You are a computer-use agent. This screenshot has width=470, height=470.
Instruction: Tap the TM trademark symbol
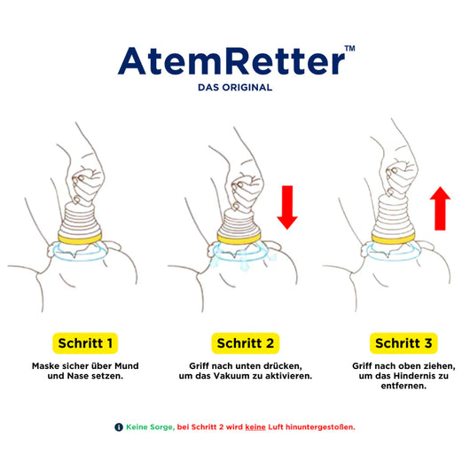pyautogui.click(x=349, y=50)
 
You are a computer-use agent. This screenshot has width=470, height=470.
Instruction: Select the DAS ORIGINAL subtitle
pyautogui.click(x=235, y=88)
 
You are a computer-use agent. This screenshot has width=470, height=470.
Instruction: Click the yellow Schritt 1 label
pyautogui.click(x=85, y=342)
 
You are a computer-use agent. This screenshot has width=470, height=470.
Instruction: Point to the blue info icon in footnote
pyautogui.click(x=119, y=427)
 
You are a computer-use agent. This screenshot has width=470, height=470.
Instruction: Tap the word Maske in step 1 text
pyautogui.click(x=46, y=365)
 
